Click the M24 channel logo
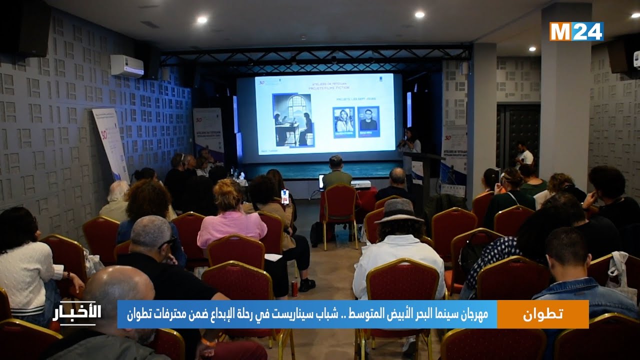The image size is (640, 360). pos(576,31)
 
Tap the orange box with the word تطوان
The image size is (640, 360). pos(542,314)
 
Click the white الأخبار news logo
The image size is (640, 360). pos(77,313)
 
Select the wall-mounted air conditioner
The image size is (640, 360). pos(126,65)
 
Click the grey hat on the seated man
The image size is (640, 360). pos(399,210)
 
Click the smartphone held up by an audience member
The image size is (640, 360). pos(285,196)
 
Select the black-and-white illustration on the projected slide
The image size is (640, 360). pos(292,120)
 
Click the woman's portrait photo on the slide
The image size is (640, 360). pos(344,121)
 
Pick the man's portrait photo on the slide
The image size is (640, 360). pos(368,121)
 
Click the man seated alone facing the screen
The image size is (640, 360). pos(336,173)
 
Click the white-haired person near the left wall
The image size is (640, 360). pos(116,199)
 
